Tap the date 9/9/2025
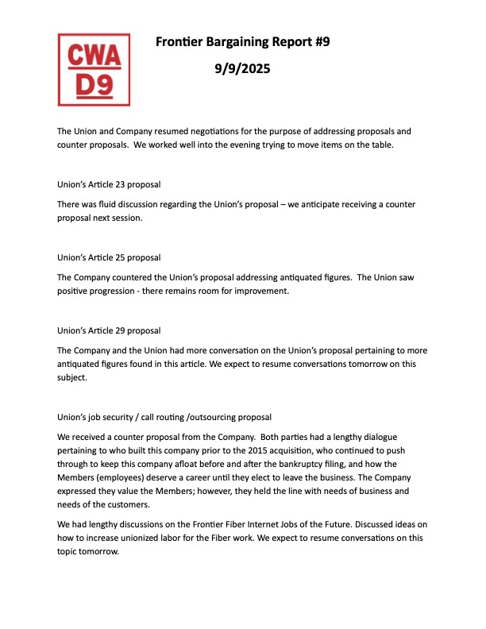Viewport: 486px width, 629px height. [242, 69]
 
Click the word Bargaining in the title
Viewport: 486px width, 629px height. [241, 42]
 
